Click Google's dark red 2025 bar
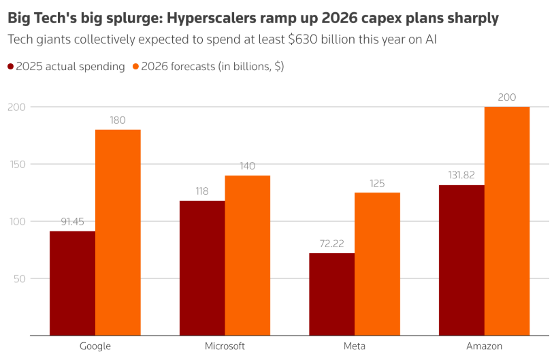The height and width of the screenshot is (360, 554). [x=72, y=283]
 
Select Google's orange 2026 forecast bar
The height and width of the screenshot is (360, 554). [x=118, y=232]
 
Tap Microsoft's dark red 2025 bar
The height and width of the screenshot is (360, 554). [x=202, y=267]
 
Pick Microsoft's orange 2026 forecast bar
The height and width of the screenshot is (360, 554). [x=248, y=255]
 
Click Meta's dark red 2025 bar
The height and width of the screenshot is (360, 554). [x=331, y=294]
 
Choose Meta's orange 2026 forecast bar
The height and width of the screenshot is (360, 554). [x=377, y=263]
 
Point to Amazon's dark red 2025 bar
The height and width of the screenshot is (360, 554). [x=461, y=260]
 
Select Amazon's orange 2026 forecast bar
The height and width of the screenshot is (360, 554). [x=507, y=221]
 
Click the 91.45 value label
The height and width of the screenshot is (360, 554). [x=72, y=222]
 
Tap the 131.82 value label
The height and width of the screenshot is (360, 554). [x=461, y=175]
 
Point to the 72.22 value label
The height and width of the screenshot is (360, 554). [x=331, y=244]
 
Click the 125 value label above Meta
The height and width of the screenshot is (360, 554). [x=377, y=183]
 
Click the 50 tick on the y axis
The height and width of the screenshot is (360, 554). [x=20, y=278]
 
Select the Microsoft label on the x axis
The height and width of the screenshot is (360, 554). [x=225, y=346]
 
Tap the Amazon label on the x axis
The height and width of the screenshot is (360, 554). [x=484, y=346]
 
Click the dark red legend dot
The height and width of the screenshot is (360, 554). [x=11, y=67]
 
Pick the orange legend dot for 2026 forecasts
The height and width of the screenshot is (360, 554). [x=135, y=67]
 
